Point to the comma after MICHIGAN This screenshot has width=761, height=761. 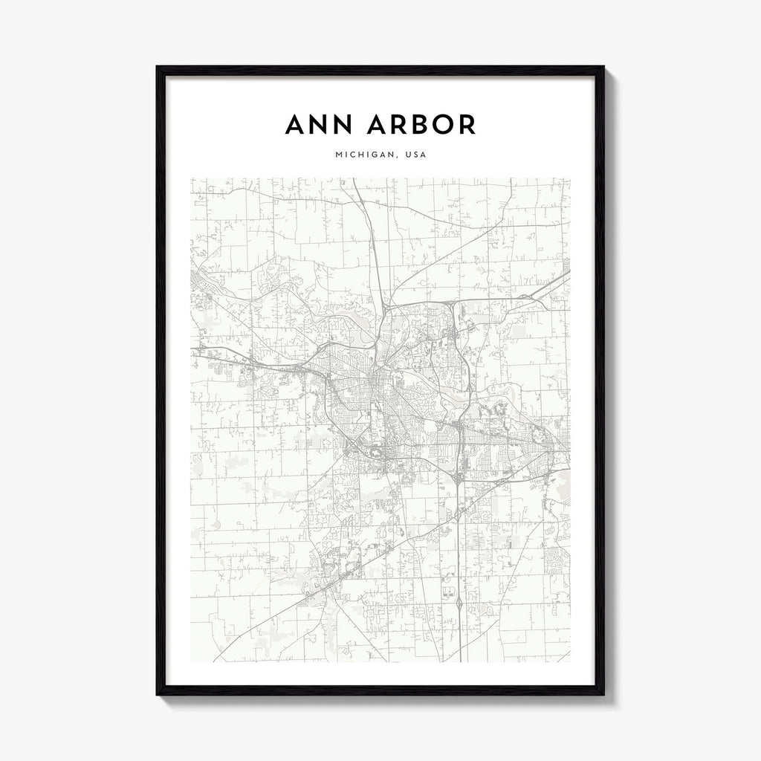tap(392, 158)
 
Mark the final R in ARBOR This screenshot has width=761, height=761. tap(466, 125)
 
